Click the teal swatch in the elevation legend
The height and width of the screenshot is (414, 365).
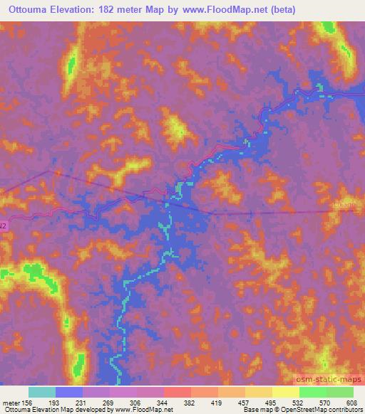click(42, 392)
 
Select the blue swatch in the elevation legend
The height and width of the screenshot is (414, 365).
click(69, 392)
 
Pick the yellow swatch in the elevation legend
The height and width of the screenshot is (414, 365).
click(285, 392)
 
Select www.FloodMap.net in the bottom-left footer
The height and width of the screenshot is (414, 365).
click(143, 410)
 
